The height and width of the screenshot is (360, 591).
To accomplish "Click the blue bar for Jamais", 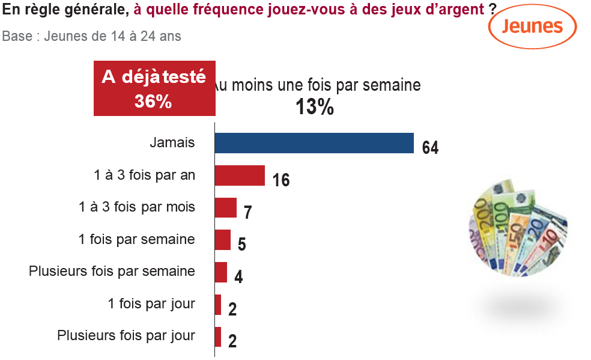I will (314, 143).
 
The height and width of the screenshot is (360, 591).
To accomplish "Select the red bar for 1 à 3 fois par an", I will (240, 175).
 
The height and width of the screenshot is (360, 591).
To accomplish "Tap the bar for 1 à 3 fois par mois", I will (226, 207).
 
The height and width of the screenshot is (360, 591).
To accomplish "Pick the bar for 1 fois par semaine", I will (223, 240).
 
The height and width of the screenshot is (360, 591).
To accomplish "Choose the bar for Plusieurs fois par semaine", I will (221, 272).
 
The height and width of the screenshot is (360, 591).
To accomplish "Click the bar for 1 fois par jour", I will (218, 305).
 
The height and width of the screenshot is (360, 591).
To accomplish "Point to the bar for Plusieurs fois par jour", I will (218, 337).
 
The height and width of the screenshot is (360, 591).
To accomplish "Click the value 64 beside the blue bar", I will (430, 147).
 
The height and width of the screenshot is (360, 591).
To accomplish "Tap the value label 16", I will (281, 180).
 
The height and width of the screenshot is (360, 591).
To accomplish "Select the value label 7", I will (247, 212).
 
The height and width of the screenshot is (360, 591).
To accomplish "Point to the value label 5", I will (242, 244).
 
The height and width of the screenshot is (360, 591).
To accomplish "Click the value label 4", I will (238, 276).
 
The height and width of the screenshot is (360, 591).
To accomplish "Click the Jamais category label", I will (172, 143).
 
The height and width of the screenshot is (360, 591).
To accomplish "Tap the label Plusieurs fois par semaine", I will (112, 271).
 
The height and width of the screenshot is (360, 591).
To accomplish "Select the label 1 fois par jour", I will (151, 304).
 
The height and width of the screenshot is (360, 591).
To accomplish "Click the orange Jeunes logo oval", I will (533, 26).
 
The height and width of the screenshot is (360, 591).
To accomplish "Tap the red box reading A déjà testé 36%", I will (154, 88).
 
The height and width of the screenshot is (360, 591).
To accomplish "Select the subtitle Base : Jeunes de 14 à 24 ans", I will (92, 35).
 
